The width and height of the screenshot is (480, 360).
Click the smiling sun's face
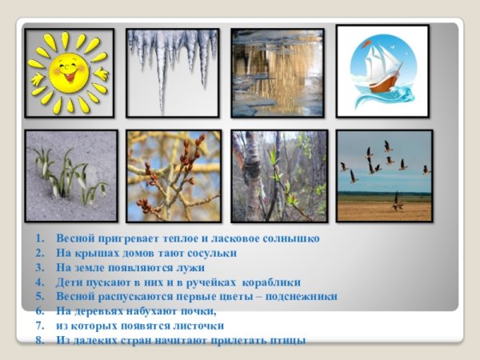pos(69,72)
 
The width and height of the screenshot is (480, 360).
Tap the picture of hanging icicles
pos(172,72)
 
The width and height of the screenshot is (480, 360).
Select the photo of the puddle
pos(277,73)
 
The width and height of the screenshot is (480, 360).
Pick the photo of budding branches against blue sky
pos(173,175)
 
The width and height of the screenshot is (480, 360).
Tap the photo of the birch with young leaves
pos(278,175)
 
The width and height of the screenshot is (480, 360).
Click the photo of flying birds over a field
pos(384,175)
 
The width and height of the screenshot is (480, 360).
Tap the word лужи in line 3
pos(191,267)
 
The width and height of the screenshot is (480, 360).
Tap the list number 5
pos(38,296)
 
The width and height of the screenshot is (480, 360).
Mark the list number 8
pos(38,340)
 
